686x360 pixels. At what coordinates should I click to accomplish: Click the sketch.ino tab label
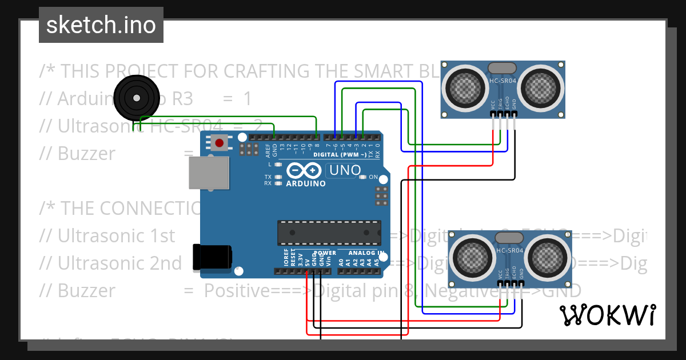click(x=101, y=25)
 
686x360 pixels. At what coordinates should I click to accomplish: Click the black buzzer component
click(x=136, y=98)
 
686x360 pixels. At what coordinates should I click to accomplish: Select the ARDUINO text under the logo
click(x=305, y=184)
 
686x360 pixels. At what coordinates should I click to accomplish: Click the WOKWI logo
click(x=607, y=315)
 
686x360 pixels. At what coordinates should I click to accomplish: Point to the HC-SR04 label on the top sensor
click(x=502, y=81)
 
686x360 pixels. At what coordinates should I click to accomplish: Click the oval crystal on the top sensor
click(x=502, y=68)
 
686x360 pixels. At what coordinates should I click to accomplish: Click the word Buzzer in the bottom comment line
click(x=77, y=291)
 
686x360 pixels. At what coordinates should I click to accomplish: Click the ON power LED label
click(x=373, y=177)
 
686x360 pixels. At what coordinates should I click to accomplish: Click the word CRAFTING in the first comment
click(x=263, y=71)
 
